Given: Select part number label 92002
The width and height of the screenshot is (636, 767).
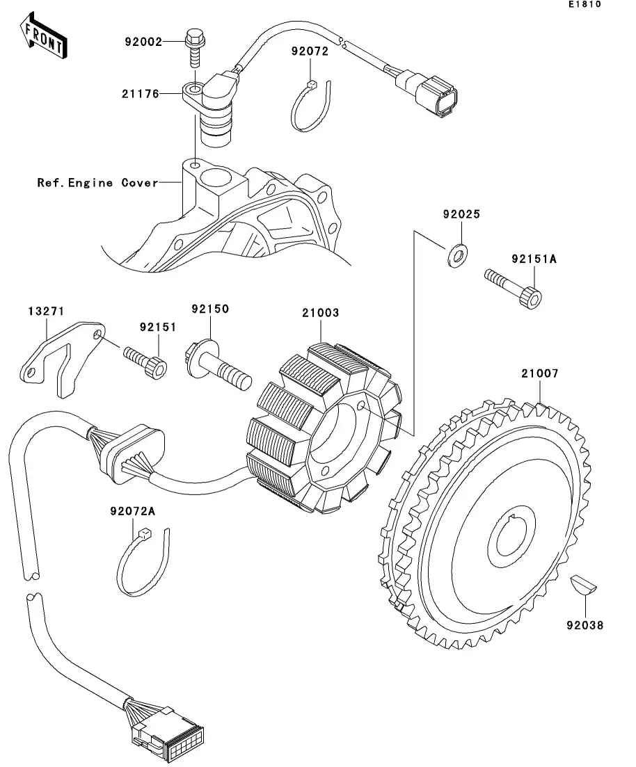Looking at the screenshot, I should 143,42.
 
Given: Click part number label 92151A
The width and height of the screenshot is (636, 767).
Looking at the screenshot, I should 534,259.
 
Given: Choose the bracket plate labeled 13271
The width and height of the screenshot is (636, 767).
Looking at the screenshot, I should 62,358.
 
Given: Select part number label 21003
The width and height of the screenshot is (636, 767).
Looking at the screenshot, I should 320,313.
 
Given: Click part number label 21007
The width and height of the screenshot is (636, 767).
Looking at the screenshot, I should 540,373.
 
